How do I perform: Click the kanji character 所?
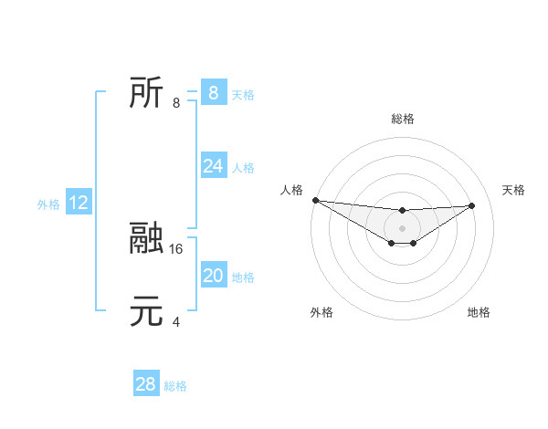tap(146, 93)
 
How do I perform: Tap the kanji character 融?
tap(146, 239)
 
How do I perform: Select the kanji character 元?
tap(146, 312)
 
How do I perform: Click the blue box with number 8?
tap(213, 92)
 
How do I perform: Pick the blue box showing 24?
tap(213, 166)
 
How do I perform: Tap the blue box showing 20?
tap(213, 276)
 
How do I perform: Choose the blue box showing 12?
tap(79, 203)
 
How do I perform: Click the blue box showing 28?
tap(145, 384)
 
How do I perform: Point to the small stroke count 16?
tap(177, 247)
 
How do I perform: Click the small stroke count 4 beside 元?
tap(176, 321)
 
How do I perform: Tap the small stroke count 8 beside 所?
tap(176, 102)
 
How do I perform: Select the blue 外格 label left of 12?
tap(48, 204)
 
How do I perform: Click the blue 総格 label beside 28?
tap(175, 386)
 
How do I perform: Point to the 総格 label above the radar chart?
tap(402, 119)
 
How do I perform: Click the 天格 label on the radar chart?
tap(513, 190)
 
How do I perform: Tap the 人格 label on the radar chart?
tap(290, 190)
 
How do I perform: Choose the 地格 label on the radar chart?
tap(479, 312)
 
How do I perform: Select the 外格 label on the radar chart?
tap(321, 312)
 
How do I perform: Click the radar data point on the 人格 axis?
tap(315, 200)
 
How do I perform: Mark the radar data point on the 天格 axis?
tap(472, 205)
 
